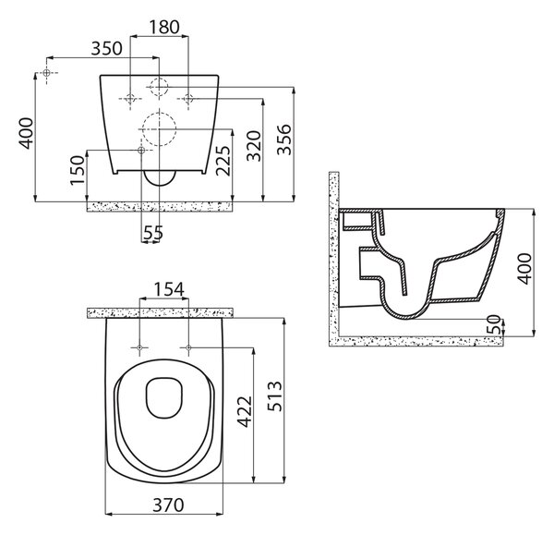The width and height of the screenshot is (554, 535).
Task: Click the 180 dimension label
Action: (164, 27)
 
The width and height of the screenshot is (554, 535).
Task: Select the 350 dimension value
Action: (107, 48)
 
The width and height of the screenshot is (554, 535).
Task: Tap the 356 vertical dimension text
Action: (283, 140)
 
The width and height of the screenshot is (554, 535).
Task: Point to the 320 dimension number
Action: (254, 146)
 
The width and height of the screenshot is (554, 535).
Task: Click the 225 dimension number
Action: (223, 161)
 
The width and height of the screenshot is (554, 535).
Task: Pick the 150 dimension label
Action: (78, 170)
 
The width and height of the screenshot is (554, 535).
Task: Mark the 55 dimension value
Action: (153, 233)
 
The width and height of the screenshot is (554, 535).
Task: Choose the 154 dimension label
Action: (169, 289)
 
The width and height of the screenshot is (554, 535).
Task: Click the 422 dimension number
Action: (244, 411)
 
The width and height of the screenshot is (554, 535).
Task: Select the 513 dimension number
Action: (274, 396)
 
